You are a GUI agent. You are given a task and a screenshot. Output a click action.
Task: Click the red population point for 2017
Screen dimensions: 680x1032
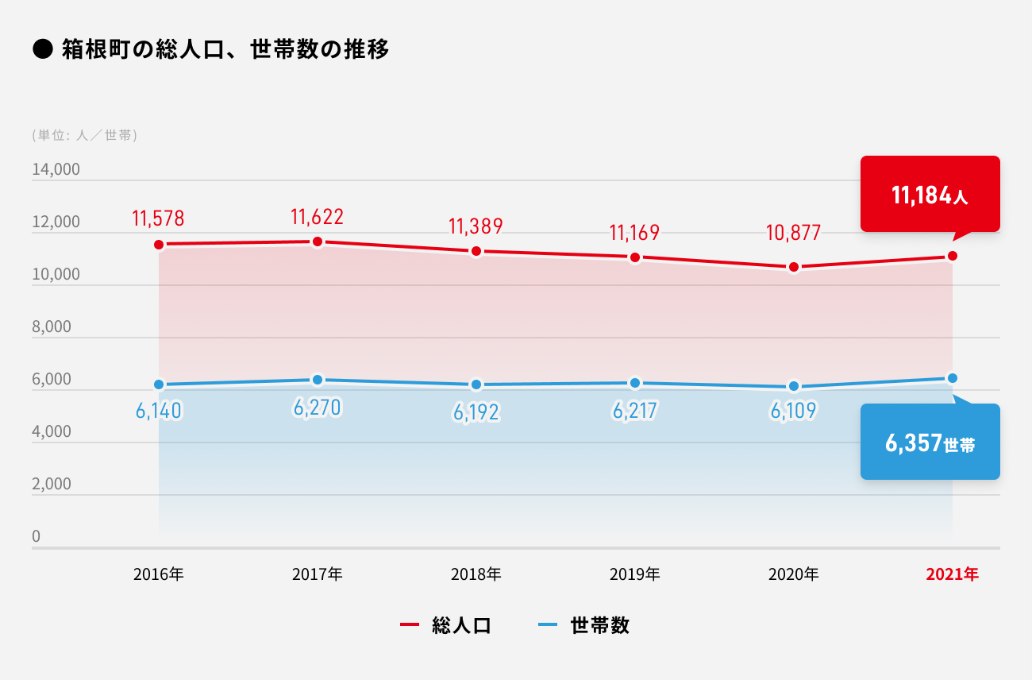click(318, 241)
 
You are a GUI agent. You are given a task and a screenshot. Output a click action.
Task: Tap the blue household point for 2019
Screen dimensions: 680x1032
click(635, 384)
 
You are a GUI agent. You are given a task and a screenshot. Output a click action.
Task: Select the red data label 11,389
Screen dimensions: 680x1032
click(476, 226)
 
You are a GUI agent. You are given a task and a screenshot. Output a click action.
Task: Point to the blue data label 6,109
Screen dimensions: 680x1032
click(793, 411)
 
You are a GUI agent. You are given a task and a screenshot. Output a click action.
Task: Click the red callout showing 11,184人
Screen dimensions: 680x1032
click(930, 195)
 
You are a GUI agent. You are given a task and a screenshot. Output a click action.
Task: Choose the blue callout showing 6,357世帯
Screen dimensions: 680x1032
click(930, 442)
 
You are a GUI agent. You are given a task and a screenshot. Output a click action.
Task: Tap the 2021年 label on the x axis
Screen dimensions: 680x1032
click(952, 574)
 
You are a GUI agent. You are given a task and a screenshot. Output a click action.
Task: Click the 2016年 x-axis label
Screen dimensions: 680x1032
click(159, 574)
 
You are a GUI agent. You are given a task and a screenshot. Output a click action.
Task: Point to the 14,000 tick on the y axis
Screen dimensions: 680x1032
click(56, 170)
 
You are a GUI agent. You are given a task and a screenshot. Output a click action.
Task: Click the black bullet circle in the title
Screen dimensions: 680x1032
click(42, 50)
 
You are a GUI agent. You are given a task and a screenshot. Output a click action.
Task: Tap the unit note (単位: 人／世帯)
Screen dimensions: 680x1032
click(85, 135)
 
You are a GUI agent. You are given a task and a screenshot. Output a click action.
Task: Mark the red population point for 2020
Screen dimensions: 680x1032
click(794, 267)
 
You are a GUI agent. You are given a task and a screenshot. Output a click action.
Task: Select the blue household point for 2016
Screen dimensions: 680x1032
click(159, 384)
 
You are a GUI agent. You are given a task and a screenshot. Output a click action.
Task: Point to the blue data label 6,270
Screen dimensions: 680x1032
click(317, 408)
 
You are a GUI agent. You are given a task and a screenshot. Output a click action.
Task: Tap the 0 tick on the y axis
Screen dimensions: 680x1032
click(36, 537)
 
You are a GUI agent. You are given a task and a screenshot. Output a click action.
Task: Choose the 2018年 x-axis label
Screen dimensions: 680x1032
click(476, 574)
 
